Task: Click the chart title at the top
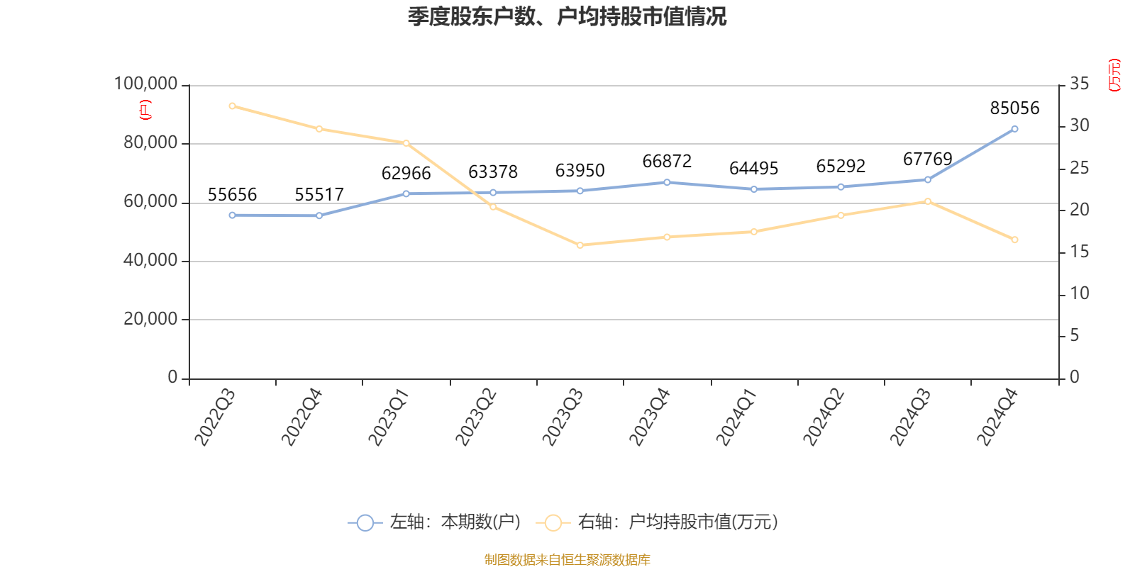tap(567, 17)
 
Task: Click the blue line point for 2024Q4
tap(1014, 129)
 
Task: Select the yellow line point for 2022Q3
tap(232, 106)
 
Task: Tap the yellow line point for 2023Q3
tap(580, 245)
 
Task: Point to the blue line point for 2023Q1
tap(406, 193)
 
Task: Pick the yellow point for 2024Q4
tap(1014, 240)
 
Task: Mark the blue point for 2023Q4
tap(667, 182)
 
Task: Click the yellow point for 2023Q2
tap(493, 206)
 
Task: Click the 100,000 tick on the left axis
tap(146, 84)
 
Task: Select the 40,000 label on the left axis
tap(150, 261)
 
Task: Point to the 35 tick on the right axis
tap(1079, 84)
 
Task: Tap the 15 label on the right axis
tap(1079, 252)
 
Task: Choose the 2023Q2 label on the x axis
tap(475, 417)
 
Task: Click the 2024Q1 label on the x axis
tap(736, 417)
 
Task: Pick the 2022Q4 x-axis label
tap(301, 417)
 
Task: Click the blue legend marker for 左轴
tap(365, 523)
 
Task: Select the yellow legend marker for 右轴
tap(553, 523)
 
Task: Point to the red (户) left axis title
tap(145, 110)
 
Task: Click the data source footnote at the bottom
tap(567, 560)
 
